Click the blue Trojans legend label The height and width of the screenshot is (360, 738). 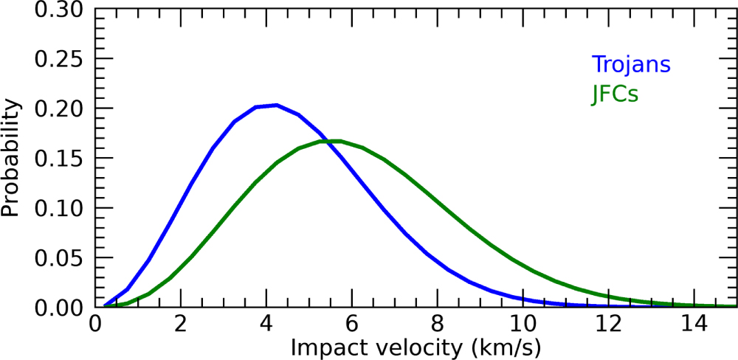630,64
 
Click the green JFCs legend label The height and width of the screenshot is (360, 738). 614,94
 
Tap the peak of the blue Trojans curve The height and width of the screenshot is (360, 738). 275,105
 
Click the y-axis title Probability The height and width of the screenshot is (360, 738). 10,159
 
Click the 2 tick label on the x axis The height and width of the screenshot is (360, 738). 181,322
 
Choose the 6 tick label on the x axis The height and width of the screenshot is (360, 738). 352,322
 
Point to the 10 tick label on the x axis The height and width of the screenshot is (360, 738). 523,322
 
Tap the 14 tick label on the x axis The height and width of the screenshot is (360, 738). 694,322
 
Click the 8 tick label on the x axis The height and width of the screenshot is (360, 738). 438,322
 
